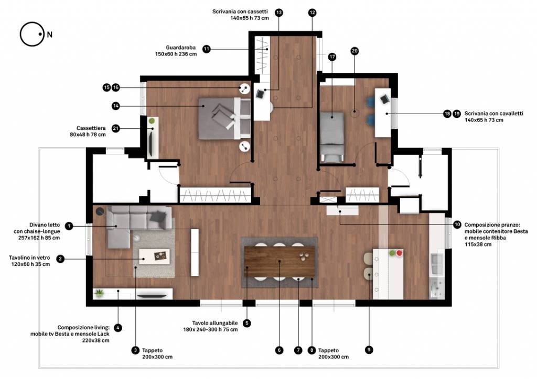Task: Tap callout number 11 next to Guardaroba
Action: (x=206, y=49)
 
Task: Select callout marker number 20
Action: (x=355, y=51)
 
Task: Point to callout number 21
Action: (x=116, y=128)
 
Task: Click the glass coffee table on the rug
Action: (x=154, y=257)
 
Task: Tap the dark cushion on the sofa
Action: (x=158, y=216)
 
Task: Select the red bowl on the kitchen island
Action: (x=399, y=253)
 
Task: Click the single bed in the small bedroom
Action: (x=332, y=136)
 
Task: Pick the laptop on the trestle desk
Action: (x=385, y=99)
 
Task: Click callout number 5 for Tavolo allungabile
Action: (x=246, y=323)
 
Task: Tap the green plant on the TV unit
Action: (x=99, y=293)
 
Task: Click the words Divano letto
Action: (x=45, y=225)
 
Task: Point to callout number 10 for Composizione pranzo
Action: (x=457, y=225)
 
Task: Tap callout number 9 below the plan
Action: (x=369, y=350)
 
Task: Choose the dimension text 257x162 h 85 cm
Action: (x=39, y=238)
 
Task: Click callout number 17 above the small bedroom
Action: (x=332, y=57)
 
